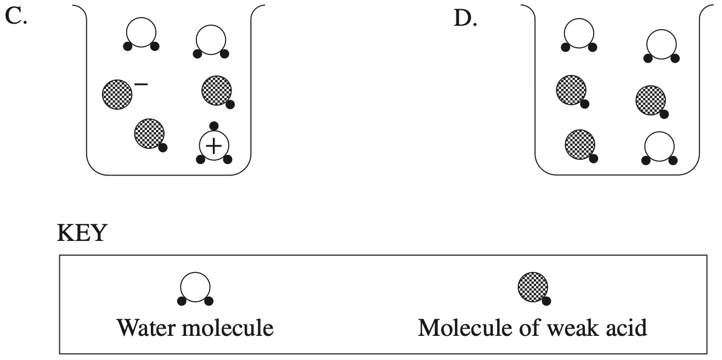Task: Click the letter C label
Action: tap(16, 18)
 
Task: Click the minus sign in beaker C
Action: tap(141, 84)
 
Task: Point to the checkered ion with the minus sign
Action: tap(117, 94)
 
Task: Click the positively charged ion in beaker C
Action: tap(214, 145)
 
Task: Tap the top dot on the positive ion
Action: tap(215, 126)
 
